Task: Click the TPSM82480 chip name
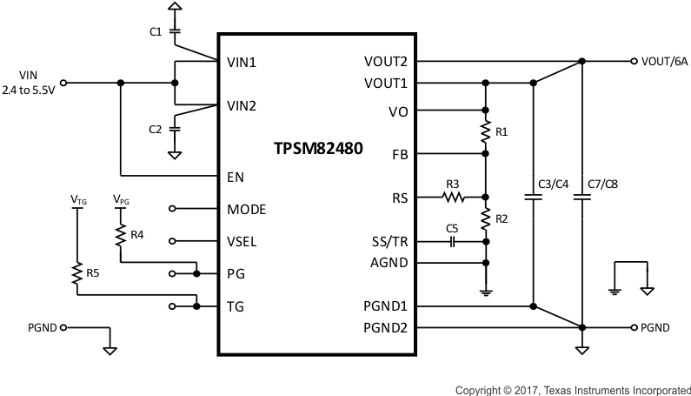317,149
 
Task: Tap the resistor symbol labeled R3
453,198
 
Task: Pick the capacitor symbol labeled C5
453,241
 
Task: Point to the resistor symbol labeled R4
120,234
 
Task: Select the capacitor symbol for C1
175,31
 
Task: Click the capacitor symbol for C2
175,128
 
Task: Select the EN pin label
236,177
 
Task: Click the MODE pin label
246,209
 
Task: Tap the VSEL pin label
243,241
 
